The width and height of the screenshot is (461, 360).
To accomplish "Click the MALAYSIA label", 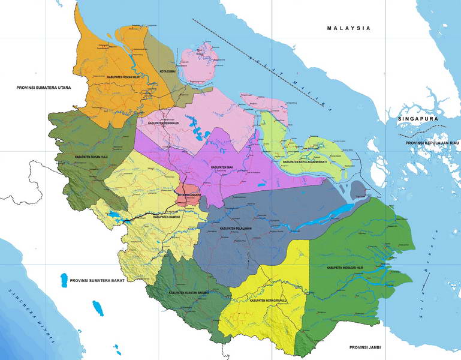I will (x=349, y=28).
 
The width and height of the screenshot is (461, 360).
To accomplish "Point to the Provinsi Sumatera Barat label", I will (x=97, y=280).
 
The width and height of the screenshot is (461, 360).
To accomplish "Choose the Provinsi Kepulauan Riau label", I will (x=432, y=143).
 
